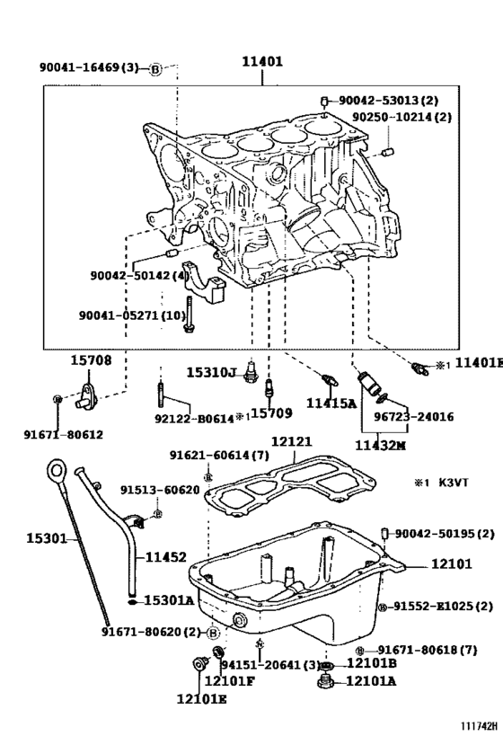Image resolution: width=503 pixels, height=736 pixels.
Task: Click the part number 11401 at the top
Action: [262, 61]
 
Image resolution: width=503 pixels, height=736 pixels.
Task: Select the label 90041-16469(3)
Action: [89, 67]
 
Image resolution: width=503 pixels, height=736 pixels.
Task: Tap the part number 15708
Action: [92, 360]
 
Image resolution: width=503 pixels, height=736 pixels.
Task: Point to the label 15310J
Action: [211, 373]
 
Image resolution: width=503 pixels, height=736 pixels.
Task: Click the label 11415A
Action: [331, 403]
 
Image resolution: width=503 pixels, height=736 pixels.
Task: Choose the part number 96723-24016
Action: [413, 417]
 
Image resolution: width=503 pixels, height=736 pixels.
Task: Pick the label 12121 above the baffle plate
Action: [291, 442]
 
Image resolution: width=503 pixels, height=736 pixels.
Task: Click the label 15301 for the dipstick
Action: [47, 538]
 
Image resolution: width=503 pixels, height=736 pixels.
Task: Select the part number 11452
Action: [165, 557]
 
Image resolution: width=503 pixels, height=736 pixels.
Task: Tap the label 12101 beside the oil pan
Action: [452, 563]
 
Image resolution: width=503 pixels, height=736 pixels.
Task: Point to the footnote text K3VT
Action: [454, 483]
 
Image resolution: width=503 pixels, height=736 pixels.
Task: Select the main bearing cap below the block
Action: [205, 282]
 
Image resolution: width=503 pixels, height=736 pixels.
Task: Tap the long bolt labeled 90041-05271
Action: [189, 315]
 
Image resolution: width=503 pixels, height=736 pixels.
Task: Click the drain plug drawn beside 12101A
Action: [324, 681]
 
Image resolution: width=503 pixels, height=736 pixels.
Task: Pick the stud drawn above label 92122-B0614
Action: [161, 391]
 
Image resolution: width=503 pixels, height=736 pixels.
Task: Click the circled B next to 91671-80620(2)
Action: [213, 633]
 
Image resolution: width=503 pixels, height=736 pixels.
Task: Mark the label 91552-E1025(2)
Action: [443, 607]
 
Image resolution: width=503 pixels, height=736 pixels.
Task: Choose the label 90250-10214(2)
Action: [402, 117]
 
